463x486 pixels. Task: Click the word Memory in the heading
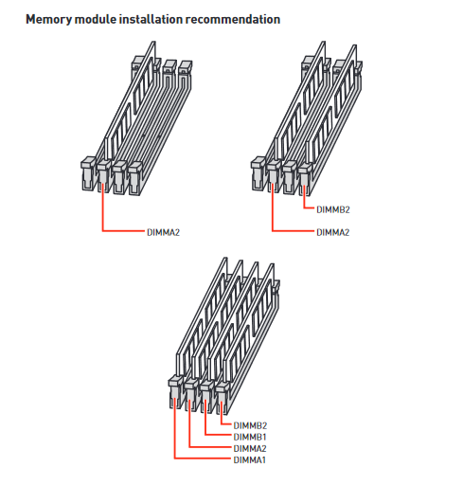(x=49, y=20)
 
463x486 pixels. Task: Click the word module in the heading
(x=96, y=19)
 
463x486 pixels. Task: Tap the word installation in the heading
(x=151, y=19)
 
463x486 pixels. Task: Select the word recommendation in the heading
(x=233, y=19)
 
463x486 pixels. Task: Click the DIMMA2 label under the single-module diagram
(x=163, y=232)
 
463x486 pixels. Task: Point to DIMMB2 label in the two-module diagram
(x=333, y=209)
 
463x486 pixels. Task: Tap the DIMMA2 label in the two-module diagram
(x=333, y=232)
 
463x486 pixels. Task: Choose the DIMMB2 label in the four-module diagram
(x=250, y=425)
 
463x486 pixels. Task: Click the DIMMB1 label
(x=250, y=437)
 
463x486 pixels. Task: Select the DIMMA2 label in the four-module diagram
(x=250, y=448)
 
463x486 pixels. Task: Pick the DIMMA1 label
(x=250, y=459)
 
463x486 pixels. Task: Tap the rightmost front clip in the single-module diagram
(x=135, y=178)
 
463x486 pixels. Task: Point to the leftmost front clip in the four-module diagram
(x=175, y=392)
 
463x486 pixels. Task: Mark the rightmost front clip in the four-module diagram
(x=222, y=398)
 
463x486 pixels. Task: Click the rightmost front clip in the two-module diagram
(x=305, y=178)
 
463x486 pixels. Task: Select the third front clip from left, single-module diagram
(x=119, y=177)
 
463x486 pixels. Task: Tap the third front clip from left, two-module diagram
(x=290, y=177)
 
